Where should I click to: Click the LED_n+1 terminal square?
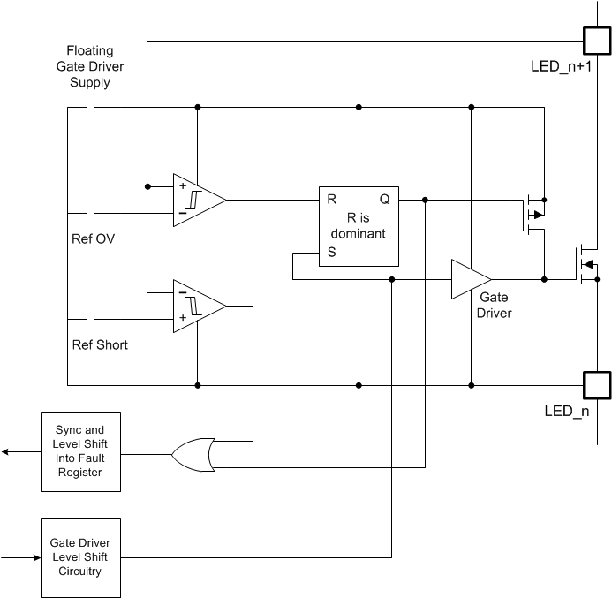coord(596,41)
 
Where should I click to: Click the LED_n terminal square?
coord(596,385)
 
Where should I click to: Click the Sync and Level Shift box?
coord(79,451)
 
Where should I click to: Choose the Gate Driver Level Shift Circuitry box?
coord(79,557)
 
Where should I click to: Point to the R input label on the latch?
coord(331,200)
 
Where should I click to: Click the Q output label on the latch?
coord(384,200)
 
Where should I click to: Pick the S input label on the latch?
coord(331,252)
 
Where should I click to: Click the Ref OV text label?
coord(94,238)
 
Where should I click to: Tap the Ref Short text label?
coord(100,344)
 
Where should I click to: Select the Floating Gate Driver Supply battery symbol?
coord(90,108)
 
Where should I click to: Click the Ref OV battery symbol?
coord(90,213)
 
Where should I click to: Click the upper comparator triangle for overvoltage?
coord(196,200)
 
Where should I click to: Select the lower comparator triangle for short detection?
coord(196,306)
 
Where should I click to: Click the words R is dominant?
coord(359,226)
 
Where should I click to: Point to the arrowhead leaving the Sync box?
coord(6,451)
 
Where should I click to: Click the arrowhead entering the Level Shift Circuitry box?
coord(36,557)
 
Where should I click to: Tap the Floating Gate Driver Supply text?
coord(90,67)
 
